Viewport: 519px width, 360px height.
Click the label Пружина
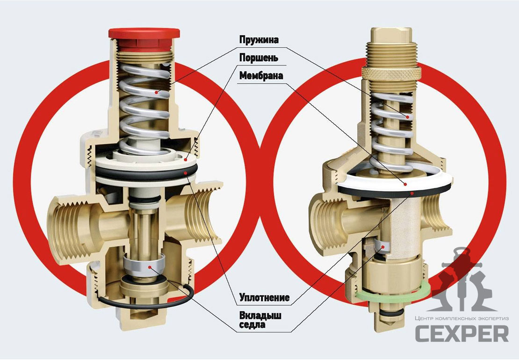point(259,40)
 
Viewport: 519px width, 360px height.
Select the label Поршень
point(259,58)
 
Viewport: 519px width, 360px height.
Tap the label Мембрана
point(261,76)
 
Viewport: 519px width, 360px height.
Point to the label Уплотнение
point(265,297)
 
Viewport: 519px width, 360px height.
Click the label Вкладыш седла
point(260,320)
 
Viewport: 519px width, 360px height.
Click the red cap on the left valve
point(144,37)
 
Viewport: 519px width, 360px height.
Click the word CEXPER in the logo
point(462,333)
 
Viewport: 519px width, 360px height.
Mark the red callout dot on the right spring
point(408,117)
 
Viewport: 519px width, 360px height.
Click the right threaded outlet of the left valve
point(202,212)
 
